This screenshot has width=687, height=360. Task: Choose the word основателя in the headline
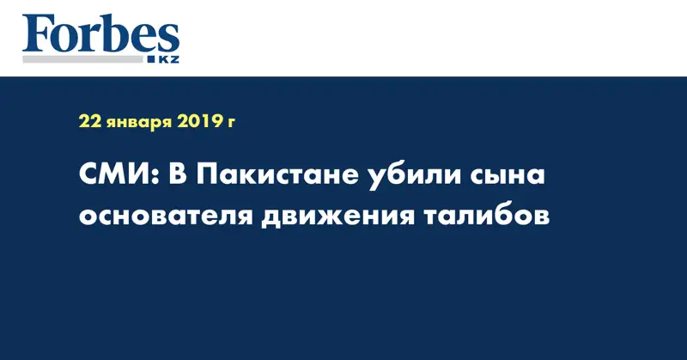point(162,216)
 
